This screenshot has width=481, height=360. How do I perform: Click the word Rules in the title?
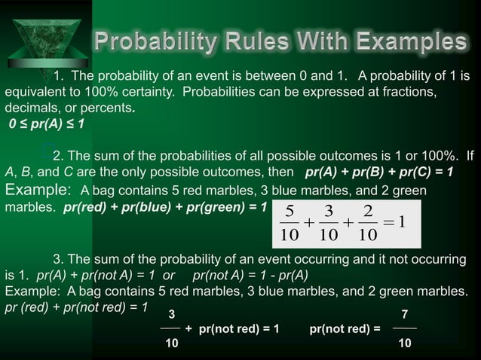click(x=250, y=41)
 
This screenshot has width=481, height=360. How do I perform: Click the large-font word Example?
click(x=38, y=189)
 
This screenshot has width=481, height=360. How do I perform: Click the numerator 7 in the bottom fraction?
click(x=405, y=313)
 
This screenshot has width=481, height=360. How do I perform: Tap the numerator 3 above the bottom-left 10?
click(x=171, y=313)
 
